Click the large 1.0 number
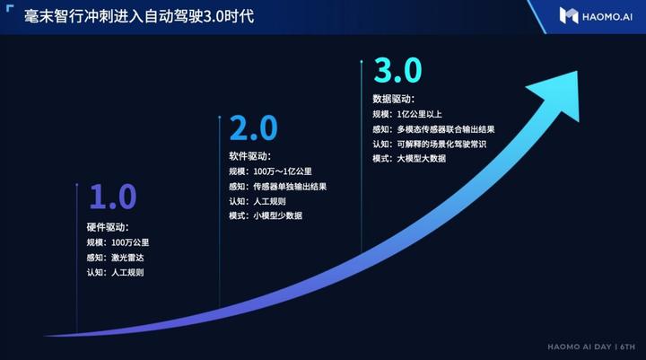pyautogui.click(x=112, y=197)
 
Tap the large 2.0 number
pyautogui.click(x=254, y=129)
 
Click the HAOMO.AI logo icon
pyautogui.click(x=569, y=15)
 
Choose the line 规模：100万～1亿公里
pyautogui.click(x=269, y=171)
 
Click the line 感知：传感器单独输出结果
pyautogui.click(x=277, y=186)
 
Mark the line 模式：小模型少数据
pyautogui.click(x=266, y=216)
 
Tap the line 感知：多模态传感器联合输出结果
pyautogui.click(x=433, y=129)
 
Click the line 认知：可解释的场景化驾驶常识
pyautogui.click(x=430, y=144)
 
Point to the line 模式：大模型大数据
pyautogui.click(x=409, y=159)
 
